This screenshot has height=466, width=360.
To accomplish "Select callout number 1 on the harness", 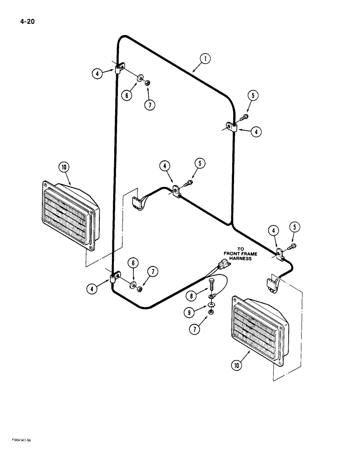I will tap(204, 59).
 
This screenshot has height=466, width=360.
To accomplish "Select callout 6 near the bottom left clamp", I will tap(133, 263).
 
